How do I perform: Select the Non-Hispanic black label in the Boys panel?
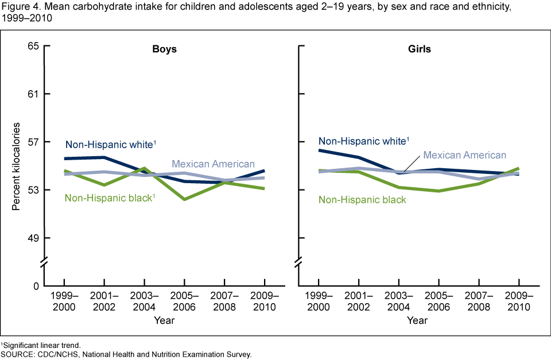tap(110, 198)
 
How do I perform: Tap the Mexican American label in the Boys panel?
tap(213, 164)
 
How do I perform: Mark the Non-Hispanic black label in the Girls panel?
tap(362, 200)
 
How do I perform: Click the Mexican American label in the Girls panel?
tap(464, 155)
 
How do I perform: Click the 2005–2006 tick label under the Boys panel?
tap(184, 302)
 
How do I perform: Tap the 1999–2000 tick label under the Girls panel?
tap(319, 302)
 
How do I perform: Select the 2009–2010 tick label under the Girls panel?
tap(519, 302)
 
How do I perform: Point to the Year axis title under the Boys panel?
tap(164, 321)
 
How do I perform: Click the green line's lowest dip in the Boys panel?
tap(184, 199)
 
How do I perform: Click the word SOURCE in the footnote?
tap(18, 354)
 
